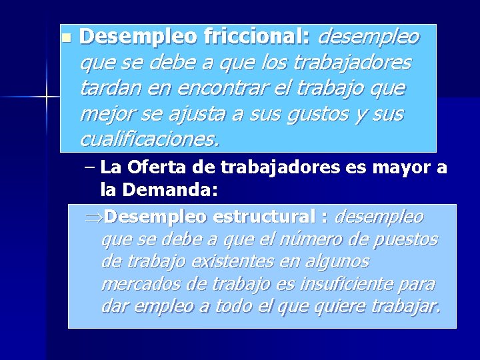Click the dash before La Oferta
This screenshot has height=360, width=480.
91,167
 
